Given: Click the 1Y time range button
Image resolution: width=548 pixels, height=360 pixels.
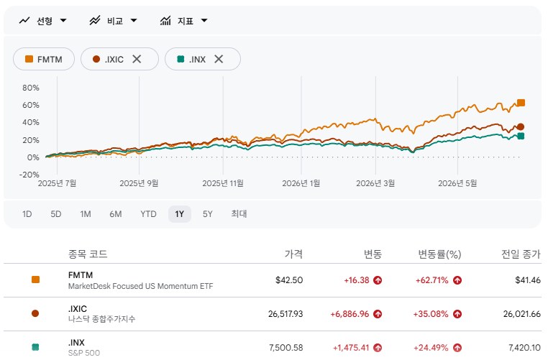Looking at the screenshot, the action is pos(180,214).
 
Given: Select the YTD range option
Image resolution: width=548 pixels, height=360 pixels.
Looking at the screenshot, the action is pos(148,214).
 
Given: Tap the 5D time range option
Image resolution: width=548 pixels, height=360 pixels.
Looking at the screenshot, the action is pos(56,214).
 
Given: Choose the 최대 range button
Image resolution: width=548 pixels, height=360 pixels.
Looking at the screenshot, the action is pos(239,213).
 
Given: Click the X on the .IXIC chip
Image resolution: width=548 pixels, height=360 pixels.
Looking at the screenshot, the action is pos(137,59).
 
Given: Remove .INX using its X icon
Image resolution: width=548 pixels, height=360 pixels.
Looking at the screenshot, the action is pos(219,59).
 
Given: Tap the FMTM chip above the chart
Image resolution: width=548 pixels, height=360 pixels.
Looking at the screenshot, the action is pos(44,59).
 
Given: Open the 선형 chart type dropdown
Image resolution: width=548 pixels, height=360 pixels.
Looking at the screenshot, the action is pos(43,21).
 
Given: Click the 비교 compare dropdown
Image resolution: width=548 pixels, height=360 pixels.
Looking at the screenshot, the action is pos(113,21).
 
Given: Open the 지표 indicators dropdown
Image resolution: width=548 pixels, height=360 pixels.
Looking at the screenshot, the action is pos(184,21).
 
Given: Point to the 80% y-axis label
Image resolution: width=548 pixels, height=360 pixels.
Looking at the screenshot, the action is pos(31,88).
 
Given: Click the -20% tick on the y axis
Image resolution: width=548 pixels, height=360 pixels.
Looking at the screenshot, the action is pos(29,175).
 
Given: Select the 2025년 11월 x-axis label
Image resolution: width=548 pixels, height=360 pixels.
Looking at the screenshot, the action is pos(223,183).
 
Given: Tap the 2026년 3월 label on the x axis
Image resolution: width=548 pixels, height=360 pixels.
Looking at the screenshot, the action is pos(375,183).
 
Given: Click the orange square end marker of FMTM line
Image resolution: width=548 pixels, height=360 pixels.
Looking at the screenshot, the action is pos(521,103).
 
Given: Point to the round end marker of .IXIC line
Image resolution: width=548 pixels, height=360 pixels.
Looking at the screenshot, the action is pos(521,126).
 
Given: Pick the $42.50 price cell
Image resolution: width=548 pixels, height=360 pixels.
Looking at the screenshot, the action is pos(289,280).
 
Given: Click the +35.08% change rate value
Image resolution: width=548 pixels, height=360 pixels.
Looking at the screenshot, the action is pos(431,314).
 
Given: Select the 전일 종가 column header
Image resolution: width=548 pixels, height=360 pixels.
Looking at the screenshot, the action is pos(521,254).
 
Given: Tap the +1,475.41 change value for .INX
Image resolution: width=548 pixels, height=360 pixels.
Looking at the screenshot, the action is pos(351,348).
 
